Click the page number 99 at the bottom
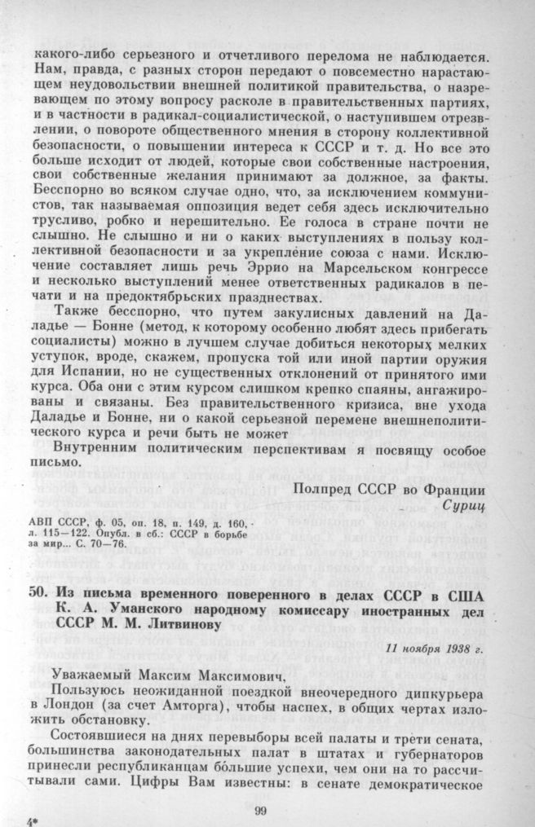coord(260,808)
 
